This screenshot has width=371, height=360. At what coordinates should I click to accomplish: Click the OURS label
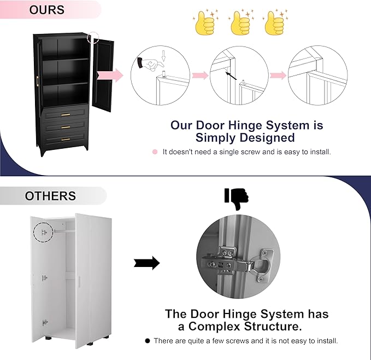(x=47, y=10)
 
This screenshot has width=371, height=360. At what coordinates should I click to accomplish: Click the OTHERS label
(x=50, y=196)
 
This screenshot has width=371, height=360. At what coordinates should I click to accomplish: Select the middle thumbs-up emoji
(x=239, y=24)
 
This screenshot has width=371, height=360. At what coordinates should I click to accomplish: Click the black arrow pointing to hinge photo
(x=146, y=263)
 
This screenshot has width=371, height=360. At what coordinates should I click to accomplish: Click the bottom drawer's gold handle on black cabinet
(x=66, y=140)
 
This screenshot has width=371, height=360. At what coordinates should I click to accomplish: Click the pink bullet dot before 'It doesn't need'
(x=155, y=152)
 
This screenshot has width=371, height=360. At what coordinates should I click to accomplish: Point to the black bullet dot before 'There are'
(x=147, y=340)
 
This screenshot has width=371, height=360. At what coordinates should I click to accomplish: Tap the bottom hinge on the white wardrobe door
(x=44, y=323)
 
